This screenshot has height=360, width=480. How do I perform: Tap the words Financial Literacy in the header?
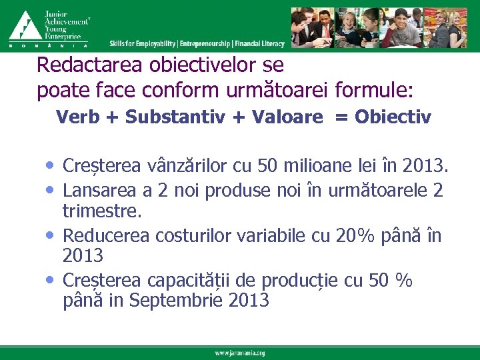260,43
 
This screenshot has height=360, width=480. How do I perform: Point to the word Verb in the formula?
77,117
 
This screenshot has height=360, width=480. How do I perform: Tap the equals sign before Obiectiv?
341,118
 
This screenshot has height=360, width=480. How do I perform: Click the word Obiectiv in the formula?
393,117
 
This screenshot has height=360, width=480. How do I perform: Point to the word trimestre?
101,211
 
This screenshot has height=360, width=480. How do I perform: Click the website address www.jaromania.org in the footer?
240,353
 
